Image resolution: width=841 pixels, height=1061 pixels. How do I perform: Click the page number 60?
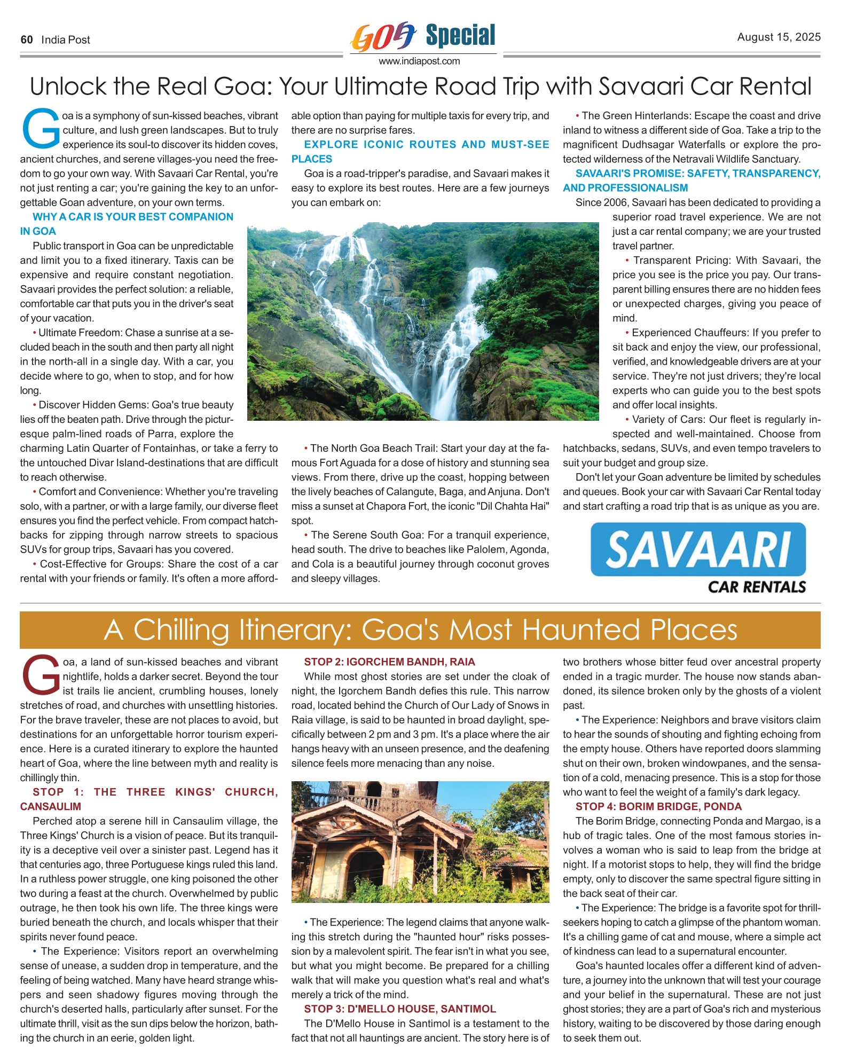coord(27,40)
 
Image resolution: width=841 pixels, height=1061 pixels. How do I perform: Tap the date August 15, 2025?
coord(779,37)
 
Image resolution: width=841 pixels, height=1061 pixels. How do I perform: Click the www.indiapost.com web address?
coord(419,61)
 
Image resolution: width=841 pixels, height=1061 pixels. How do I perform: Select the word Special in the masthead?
coord(460,35)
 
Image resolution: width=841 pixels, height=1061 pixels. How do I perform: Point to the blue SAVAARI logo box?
coord(698,549)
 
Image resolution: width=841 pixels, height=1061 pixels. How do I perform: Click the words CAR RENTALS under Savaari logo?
coord(757,587)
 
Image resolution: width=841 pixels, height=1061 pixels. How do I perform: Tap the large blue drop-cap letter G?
coord(41,129)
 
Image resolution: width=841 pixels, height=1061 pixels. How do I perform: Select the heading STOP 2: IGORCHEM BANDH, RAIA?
coord(389,662)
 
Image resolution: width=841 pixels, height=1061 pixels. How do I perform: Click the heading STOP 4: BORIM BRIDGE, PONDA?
coord(658,806)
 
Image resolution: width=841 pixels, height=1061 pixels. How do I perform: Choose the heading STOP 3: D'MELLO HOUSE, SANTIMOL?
coord(400,1009)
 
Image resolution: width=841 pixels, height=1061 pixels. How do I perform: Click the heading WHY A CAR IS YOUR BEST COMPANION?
coord(133,217)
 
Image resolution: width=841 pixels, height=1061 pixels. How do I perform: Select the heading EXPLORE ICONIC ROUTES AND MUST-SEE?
coord(426,144)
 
